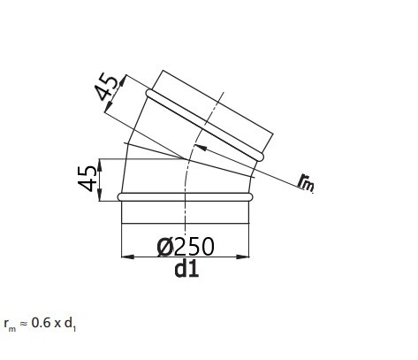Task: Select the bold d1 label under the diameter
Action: (186, 269)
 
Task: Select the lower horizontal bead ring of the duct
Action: (186, 196)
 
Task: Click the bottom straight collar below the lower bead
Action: (186, 212)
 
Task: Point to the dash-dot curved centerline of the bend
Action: (186, 177)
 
